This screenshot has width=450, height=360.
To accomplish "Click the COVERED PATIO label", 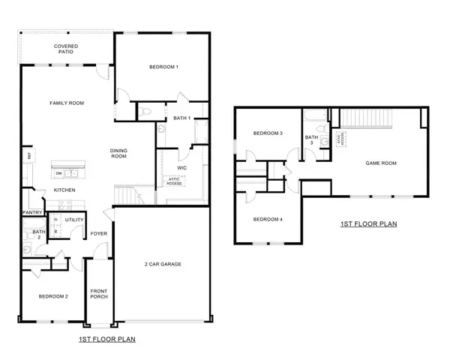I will (67, 49).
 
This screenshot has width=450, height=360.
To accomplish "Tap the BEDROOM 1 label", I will (163, 68).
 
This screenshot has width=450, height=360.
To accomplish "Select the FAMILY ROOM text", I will (66, 103).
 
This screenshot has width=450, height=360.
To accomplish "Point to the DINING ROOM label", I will (118, 153).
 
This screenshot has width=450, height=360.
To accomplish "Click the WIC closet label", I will (181, 168).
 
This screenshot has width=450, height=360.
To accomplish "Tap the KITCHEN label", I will (65, 190).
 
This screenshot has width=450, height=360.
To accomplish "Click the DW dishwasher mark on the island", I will (58, 173).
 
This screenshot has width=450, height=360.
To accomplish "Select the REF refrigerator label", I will (29, 155).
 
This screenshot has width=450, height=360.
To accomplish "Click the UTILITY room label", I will (73, 220).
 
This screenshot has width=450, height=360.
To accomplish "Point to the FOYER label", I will (99, 233).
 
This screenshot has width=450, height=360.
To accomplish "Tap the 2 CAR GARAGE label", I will (163, 264).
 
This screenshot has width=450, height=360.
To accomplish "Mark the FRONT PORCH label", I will (99, 293).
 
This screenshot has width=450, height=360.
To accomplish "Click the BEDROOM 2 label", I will (53, 296).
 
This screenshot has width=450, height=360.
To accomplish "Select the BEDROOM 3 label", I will (268, 133).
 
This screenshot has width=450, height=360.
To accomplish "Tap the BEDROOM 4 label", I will (268, 219).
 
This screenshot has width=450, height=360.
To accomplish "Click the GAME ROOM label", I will (380, 163).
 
